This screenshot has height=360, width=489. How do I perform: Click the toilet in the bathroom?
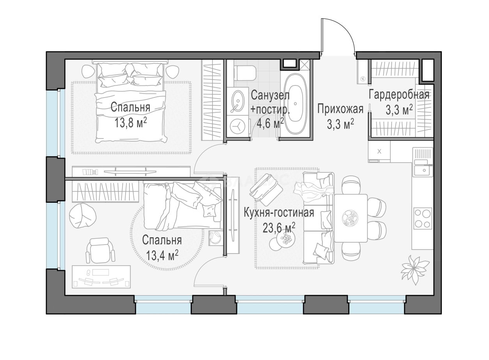[245, 73]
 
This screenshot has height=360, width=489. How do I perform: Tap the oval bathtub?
[295, 104]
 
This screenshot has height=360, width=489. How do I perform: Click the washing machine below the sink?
[237, 126]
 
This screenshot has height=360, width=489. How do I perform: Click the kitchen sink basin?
[423, 170]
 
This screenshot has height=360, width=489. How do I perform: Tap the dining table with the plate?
[351, 218]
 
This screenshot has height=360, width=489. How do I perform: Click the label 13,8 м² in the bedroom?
[131, 123]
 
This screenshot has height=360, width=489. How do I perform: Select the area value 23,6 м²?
[279, 228]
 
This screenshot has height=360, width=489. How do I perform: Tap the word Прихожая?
[340, 109]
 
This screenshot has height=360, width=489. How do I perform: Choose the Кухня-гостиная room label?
[279, 213]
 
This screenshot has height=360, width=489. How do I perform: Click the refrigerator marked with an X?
[379, 151]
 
